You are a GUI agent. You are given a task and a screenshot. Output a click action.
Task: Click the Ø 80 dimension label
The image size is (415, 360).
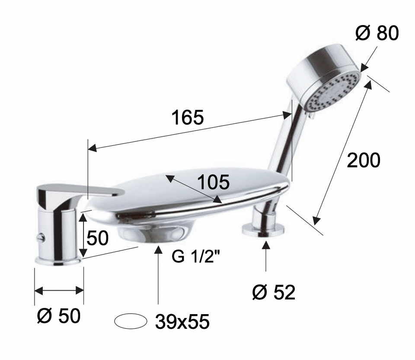377,33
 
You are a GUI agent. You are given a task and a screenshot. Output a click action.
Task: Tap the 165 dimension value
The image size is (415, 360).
188,117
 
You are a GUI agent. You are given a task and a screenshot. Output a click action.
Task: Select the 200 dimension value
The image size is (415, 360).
364,160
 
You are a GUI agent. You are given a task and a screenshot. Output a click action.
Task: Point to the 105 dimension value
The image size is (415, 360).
213,182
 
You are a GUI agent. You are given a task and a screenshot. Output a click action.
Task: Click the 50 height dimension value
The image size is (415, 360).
97,238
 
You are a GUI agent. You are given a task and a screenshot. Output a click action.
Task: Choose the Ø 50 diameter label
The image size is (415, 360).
58,316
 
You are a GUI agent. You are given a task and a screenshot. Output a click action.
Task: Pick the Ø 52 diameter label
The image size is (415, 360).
274,292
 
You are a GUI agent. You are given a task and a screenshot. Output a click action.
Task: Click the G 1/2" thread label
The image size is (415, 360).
196,256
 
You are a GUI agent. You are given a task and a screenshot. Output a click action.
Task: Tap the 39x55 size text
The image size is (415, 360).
182,321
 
